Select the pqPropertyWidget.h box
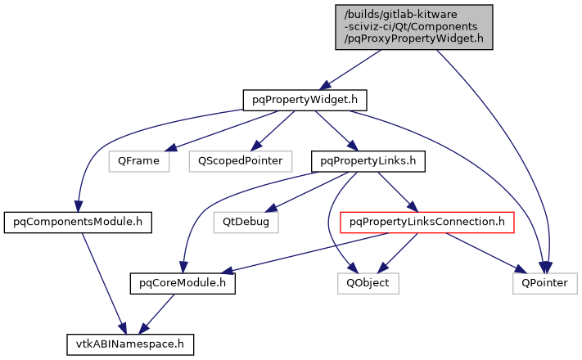coord(304,100)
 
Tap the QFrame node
coord(138,161)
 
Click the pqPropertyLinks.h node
coord(368,161)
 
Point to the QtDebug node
coord(246,221)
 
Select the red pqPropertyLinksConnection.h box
coord(426,221)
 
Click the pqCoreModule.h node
coord(183,283)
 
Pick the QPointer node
coord(545,283)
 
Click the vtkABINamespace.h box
coord(131,344)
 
